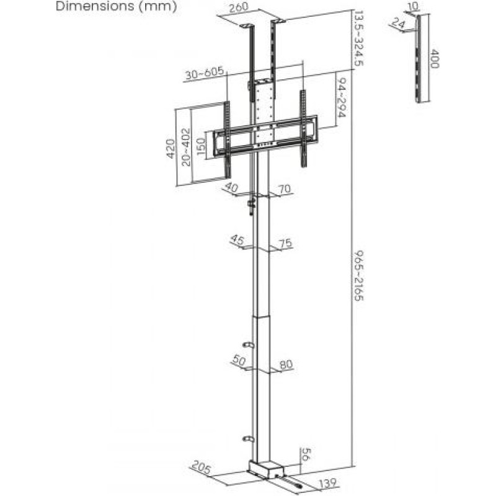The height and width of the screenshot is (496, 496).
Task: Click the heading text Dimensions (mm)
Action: click(116, 6)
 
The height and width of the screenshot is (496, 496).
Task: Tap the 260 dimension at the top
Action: click(239, 7)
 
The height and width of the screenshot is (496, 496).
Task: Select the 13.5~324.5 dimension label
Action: click(358, 38)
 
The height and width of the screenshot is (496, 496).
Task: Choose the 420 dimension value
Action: click(170, 148)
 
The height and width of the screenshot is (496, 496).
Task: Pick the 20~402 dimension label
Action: click(187, 147)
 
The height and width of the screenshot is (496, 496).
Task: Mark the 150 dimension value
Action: click(201, 146)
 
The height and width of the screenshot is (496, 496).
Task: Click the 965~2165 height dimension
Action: click(359, 275)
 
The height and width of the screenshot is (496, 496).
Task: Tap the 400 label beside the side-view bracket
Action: click(435, 58)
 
